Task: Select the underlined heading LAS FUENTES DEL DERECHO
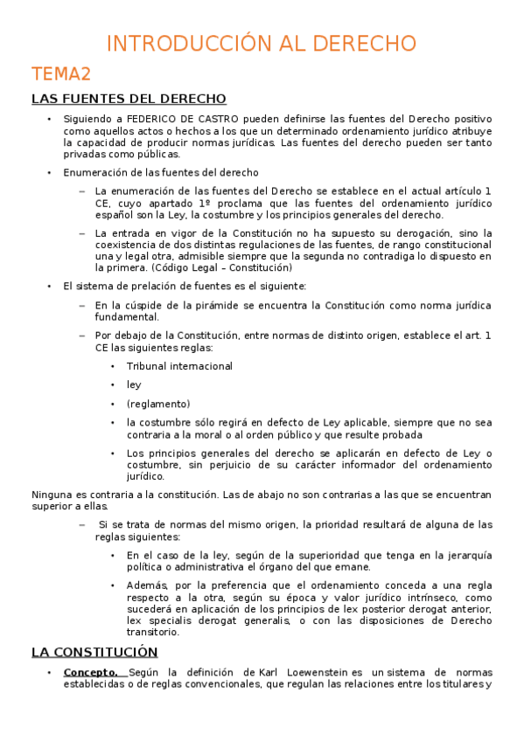[129, 99]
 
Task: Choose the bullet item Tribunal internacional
[179, 366]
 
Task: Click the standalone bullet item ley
[134, 384]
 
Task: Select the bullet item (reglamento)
[157, 404]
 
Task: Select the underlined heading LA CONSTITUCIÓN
[94, 652]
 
